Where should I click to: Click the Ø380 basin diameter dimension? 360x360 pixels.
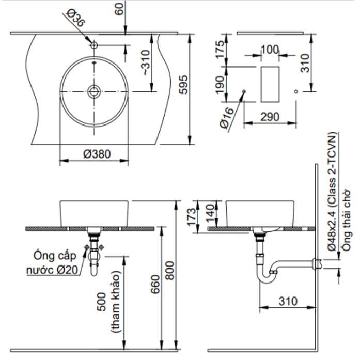[93, 153]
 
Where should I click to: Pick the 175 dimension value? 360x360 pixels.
[221, 50]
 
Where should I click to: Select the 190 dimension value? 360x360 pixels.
[221, 84]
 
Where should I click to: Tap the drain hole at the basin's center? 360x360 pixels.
[93, 91]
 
